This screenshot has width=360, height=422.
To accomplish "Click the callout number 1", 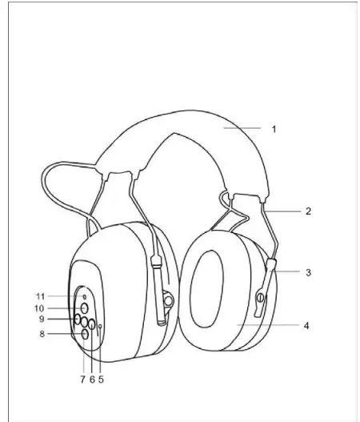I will [274, 128].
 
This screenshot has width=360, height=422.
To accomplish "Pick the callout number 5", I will [101, 379].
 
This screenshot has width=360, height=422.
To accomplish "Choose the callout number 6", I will [91, 379].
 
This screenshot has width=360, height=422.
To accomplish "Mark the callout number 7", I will [82, 379].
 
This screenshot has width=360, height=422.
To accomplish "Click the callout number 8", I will [63, 334].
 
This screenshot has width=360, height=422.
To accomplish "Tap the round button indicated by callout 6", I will [91, 324].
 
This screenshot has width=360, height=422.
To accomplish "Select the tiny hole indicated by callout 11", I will [85, 297].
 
